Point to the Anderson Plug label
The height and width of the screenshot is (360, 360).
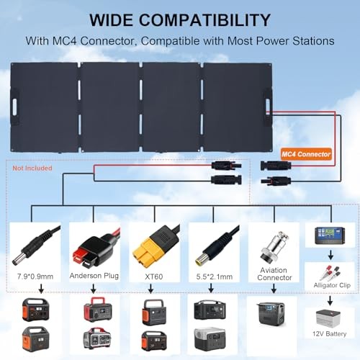tap(96, 274)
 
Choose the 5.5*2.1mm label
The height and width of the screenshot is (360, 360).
tap(210, 274)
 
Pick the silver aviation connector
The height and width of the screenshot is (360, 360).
tap(267, 243)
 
